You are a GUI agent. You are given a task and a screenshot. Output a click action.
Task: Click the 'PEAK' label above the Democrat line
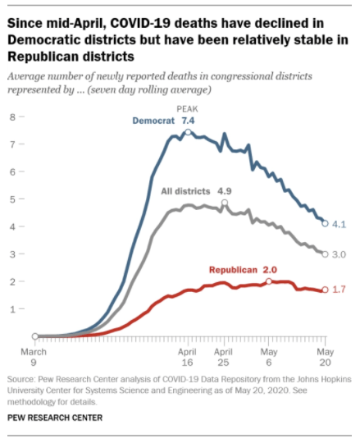click(188, 109)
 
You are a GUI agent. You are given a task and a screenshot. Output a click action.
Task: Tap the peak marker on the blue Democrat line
click(188, 132)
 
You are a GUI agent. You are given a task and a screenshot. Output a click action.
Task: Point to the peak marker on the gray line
click(224, 202)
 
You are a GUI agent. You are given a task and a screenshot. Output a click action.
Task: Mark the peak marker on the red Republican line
click(269, 281)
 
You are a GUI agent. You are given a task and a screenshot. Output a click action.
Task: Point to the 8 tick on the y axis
click(12, 117)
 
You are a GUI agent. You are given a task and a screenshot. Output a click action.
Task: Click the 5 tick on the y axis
click(12, 199)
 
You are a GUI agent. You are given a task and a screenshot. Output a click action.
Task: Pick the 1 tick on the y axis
click(12, 308)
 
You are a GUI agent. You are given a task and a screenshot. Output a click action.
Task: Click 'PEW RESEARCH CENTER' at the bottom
click(55, 418)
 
